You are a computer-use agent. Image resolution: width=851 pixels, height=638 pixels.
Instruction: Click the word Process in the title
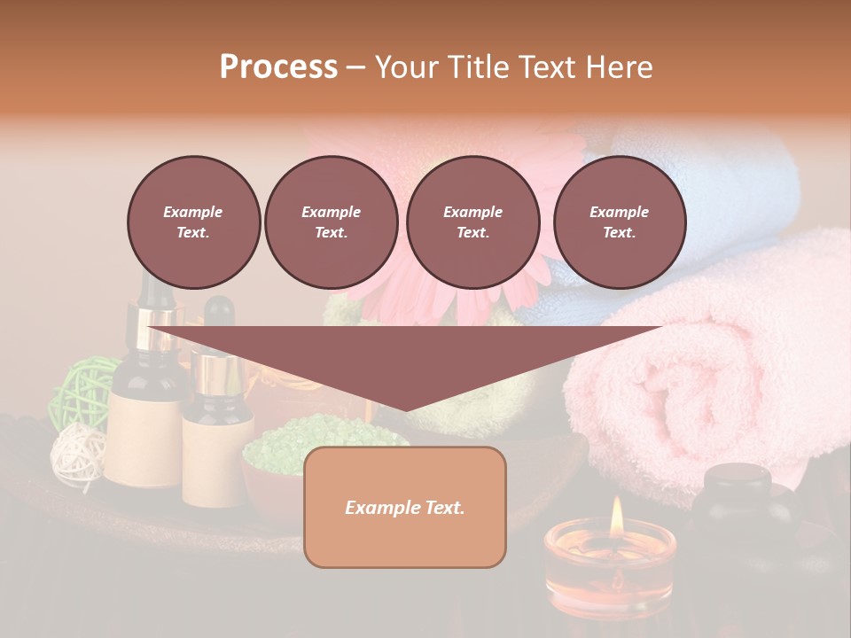point(278,67)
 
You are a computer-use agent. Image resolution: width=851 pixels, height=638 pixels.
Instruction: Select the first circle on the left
point(193,222)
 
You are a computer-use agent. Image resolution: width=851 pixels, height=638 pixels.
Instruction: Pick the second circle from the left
point(331,222)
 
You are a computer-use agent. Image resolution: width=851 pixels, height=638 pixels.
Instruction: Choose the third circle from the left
point(472,222)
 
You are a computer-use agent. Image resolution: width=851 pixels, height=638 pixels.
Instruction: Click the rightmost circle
point(619,222)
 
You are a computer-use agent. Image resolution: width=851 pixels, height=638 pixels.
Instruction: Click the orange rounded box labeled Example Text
point(404,507)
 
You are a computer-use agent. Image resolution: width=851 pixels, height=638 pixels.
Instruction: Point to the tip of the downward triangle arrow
point(405,410)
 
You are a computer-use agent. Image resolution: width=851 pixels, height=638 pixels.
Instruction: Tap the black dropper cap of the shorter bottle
point(218,315)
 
